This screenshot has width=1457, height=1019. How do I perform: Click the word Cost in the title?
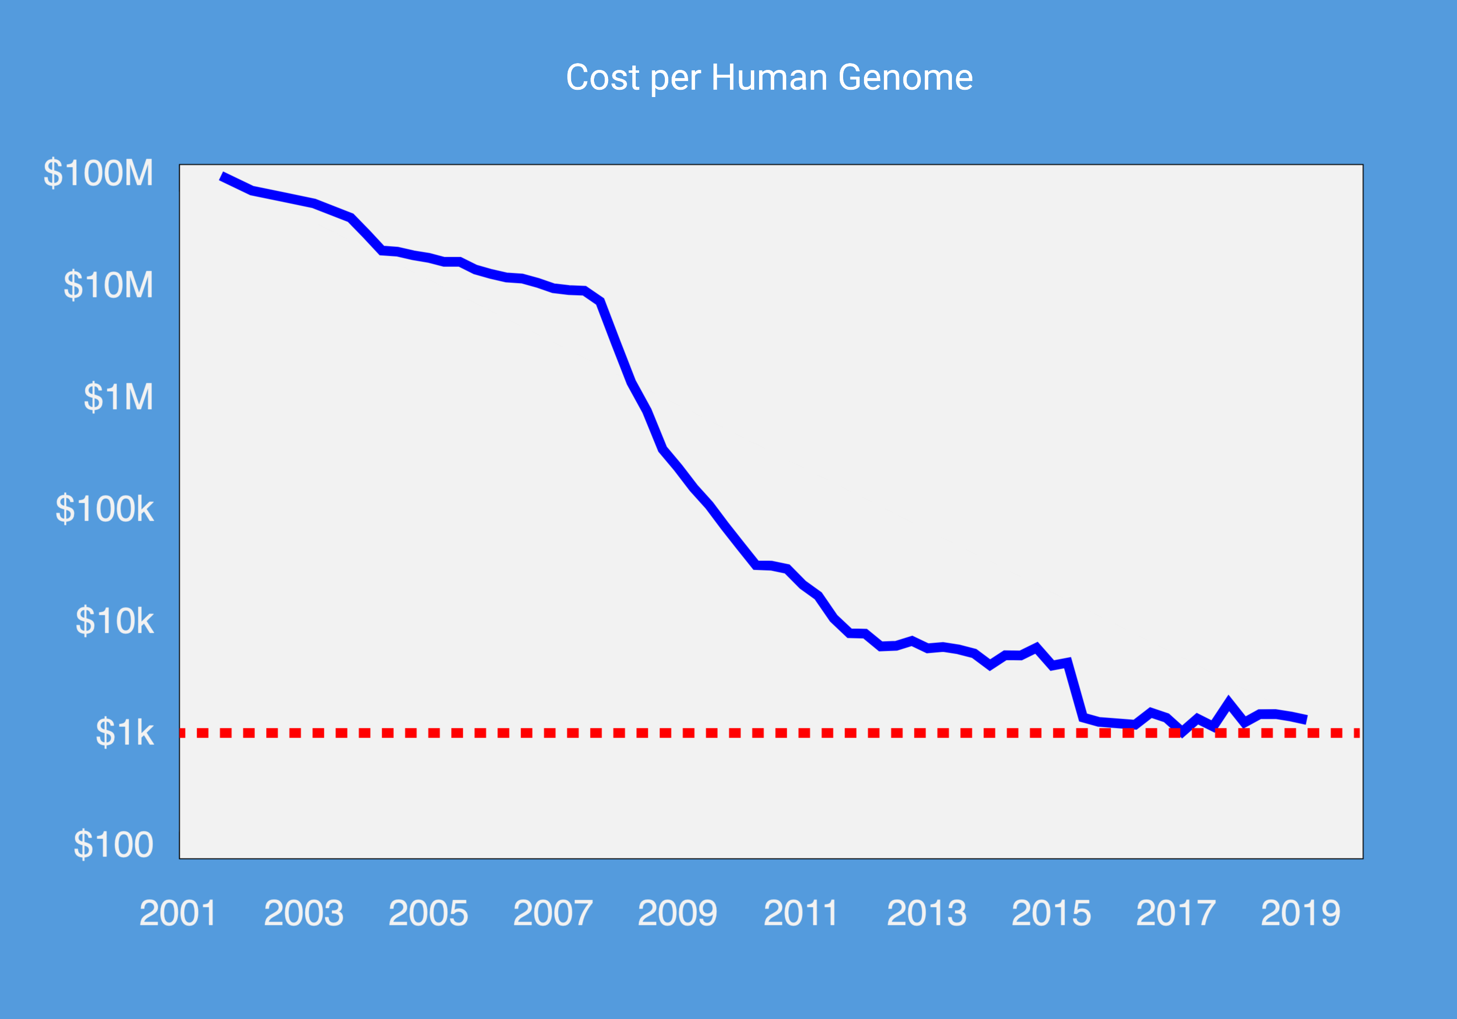coord(603,78)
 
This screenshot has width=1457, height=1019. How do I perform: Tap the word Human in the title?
coord(769,78)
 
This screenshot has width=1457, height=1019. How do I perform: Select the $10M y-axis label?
coord(108,285)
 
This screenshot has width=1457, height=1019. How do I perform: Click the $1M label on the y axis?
coord(119,397)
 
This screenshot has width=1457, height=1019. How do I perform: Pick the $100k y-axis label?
coord(105,509)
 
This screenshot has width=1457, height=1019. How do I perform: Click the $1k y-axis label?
coord(124,733)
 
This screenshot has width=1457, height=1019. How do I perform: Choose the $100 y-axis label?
coord(114,845)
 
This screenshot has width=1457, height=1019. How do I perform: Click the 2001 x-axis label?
coord(178,914)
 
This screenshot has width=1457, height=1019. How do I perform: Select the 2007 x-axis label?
coord(553,914)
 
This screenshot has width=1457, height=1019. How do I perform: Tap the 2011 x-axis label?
coord(801,914)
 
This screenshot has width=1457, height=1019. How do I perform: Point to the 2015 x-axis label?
coord(1051,914)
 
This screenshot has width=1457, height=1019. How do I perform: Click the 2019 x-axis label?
coord(1300,914)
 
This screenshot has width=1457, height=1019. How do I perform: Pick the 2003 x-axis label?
coord(304,914)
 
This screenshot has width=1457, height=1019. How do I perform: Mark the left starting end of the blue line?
coord(221,176)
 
